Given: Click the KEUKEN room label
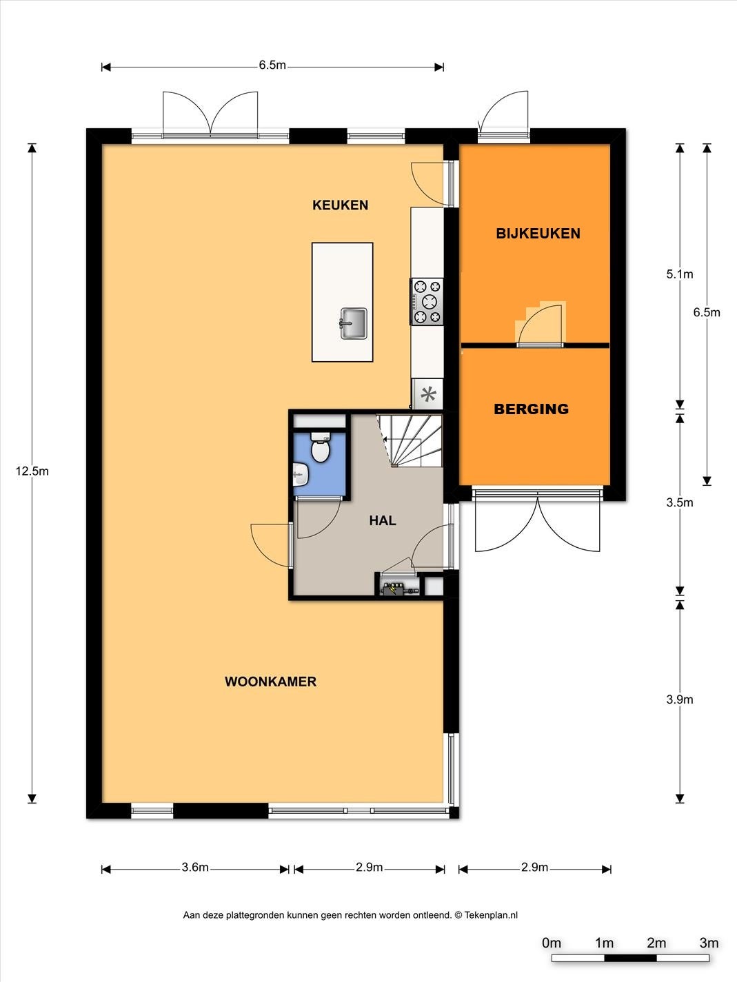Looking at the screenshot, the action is point(340,205).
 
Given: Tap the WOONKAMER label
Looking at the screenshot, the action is point(270,682).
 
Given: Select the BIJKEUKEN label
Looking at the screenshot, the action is point(538,233).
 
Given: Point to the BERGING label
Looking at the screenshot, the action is point(531,409).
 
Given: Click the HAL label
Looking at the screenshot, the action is point(383,520).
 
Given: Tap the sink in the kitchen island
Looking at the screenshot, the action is point(354,323).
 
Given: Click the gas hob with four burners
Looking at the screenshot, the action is point(427,302).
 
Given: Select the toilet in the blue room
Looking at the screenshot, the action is point(320,447).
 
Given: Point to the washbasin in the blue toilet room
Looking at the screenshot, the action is point(301,475).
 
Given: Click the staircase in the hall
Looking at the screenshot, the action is point(410,440).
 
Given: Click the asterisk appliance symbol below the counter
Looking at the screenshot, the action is point(428,394).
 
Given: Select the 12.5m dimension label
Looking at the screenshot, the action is point(32,471).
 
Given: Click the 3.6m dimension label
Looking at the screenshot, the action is point(195,868).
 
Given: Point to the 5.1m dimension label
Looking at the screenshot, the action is point(679,274).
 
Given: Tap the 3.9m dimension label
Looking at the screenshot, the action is point(679,699).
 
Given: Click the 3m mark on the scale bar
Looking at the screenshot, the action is point(709,943).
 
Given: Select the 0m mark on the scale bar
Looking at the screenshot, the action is point(552,943).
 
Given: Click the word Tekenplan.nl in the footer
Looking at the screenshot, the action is point(491,915).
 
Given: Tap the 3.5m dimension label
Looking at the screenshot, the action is point(679,502).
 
